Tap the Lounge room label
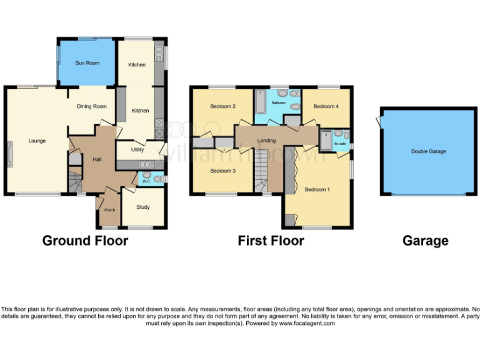tap(37, 141)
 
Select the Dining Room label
tap(92, 106)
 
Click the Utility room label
tap(137, 150)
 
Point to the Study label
tap(143, 207)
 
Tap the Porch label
tap(110, 210)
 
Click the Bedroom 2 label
tap(222, 106)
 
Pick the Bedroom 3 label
tap(222, 171)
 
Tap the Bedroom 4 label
tap(326, 106)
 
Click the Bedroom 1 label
tap(317, 189)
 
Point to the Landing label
tap(266, 141)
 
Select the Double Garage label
tap(428, 151)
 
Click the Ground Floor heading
tap(85, 241)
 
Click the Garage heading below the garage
tap(425, 241)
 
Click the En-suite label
tap(341, 145)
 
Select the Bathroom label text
tap(279, 102)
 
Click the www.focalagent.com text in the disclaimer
tap(307, 323)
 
